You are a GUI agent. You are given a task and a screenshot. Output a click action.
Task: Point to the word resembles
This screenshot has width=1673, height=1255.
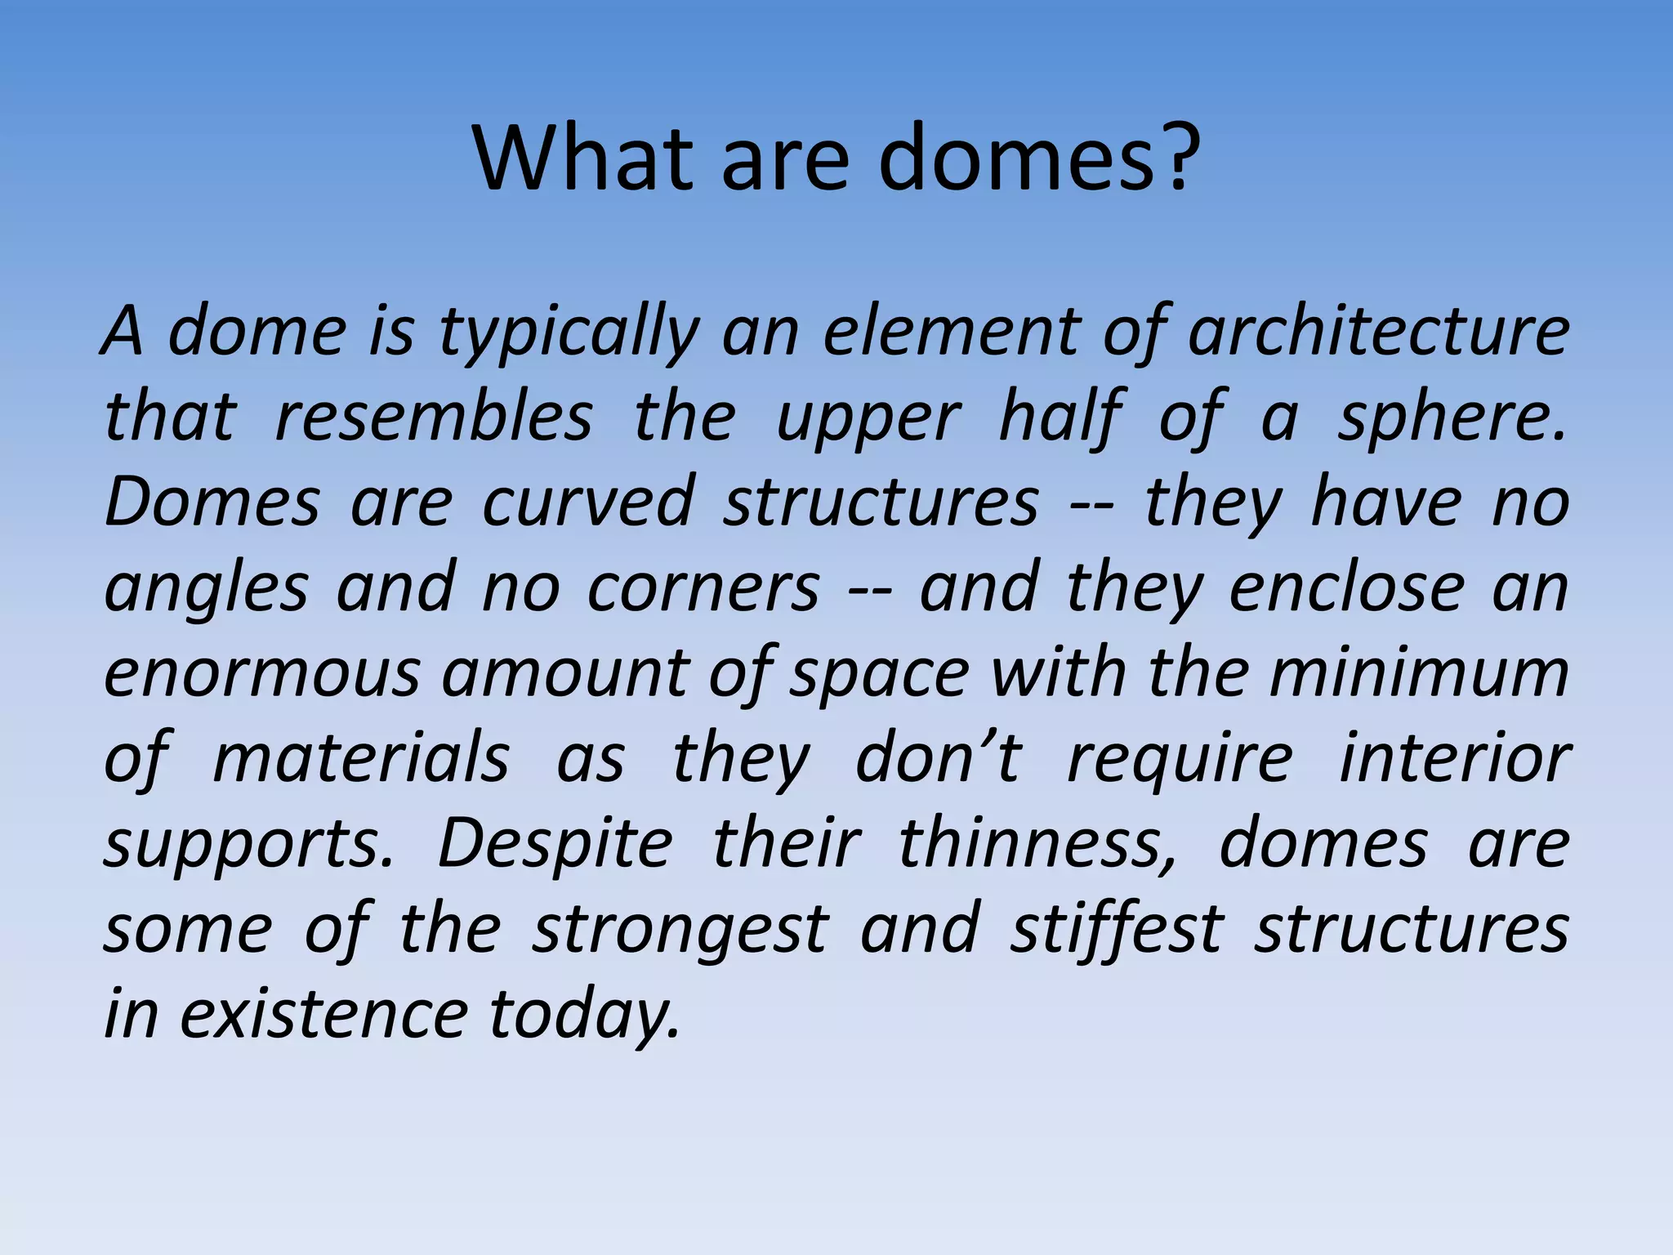point(434,418)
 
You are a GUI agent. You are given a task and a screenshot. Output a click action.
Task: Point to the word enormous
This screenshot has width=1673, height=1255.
point(262,674)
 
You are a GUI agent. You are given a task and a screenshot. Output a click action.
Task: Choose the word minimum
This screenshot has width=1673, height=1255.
point(1419,672)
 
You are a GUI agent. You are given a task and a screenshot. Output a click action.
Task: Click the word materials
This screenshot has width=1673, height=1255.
point(361,759)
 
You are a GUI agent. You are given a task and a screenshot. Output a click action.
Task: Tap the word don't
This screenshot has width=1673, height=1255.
point(938,759)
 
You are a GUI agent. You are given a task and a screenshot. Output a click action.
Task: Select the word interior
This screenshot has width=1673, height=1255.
point(1455,759)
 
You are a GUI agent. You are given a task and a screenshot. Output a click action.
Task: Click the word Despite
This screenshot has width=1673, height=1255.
point(555,845)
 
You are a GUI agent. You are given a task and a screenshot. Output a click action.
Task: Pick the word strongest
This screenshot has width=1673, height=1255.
point(680,931)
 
